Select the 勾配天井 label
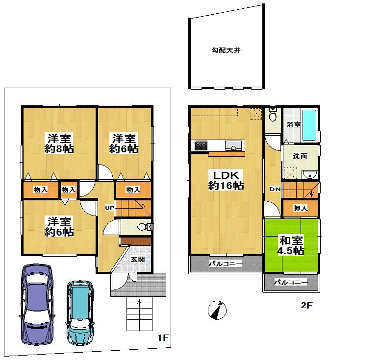[x=226, y=50]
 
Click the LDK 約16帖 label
[x=226, y=180]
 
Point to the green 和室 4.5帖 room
[x=291, y=245]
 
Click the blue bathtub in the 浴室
[x=309, y=124]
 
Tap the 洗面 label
[x=300, y=156]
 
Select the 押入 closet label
[x=300, y=208]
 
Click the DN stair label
[x=274, y=190]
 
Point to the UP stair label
[x=108, y=208]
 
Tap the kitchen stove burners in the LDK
[x=202, y=145]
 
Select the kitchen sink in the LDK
[x=233, y=145]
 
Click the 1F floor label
[x=163, y=338]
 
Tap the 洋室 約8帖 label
[x=59, y=143]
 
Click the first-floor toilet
[x=144, y=227]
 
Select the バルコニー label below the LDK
[x=226, y=264]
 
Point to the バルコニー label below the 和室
[x=291, y=283]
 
